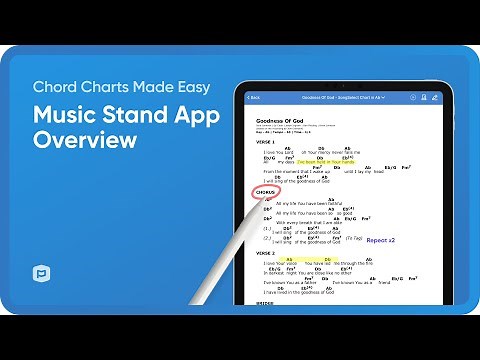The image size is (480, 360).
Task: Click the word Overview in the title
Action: [85, 140]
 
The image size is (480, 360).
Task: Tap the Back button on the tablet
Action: [254, 97]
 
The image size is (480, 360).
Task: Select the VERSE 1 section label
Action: [266, 142]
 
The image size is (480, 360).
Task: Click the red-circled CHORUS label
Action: [265, 192]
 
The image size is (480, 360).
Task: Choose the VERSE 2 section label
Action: [266, 254]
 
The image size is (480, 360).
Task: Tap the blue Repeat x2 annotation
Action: [381, 240]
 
